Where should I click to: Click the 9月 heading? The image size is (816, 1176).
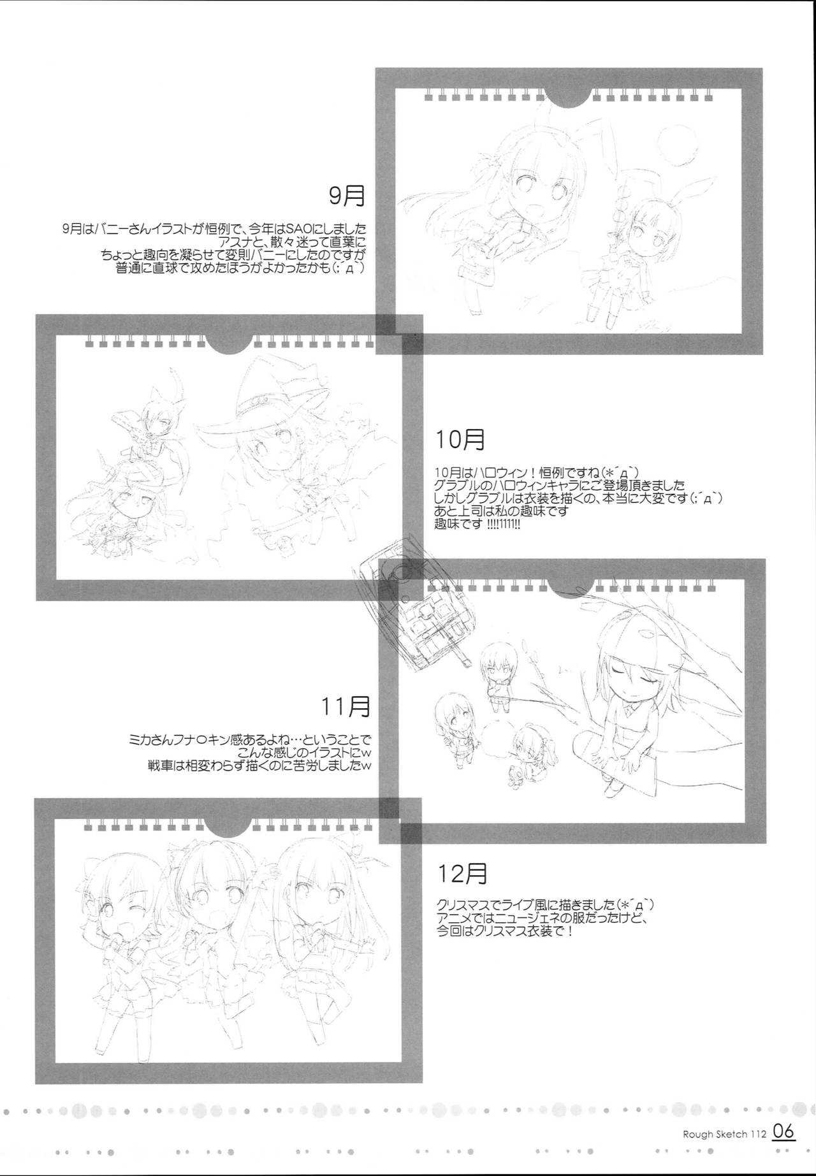(x=347, y=196)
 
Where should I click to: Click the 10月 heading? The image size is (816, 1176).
(x=460, y=439)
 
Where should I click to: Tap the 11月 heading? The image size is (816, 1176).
(x=346, y=706)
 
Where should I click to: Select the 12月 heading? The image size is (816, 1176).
(x=463, y=873)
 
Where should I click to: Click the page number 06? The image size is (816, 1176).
(x=783, y=1131)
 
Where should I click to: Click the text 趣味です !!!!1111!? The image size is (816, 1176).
(x=478, y=523)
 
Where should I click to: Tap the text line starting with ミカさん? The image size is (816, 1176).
(x=249, y=741)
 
